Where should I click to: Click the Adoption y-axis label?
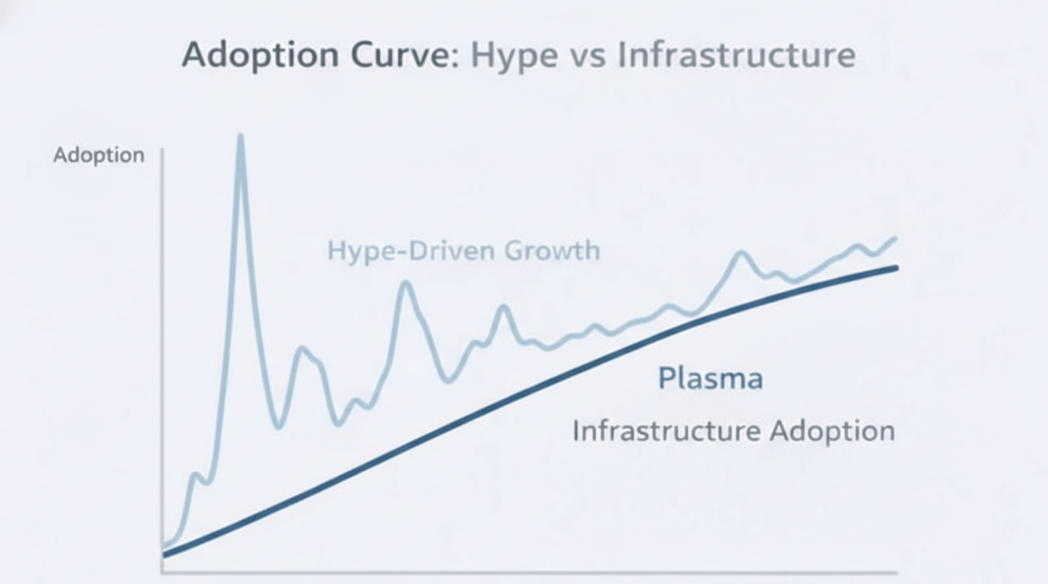coord(98,155)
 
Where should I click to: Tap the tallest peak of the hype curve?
coord(240,136)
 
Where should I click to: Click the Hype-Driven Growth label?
coord(464,250)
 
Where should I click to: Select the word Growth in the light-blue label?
coord(551,250)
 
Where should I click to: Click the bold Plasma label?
coord(711,378)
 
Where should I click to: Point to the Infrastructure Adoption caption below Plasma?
coord(733,431)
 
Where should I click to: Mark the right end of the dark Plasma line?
coord(896,268)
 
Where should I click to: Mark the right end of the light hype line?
coord(894,239)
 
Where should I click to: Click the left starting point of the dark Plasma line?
coord(165,554)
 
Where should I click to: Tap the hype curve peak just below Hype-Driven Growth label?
coord(404,284)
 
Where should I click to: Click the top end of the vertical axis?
coord(162,150)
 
